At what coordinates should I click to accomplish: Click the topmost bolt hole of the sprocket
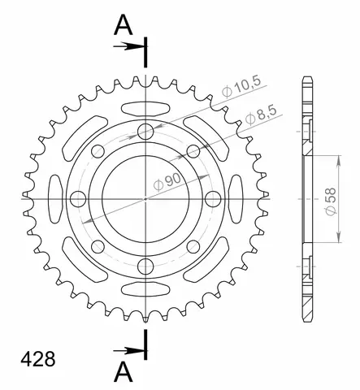[145, 132]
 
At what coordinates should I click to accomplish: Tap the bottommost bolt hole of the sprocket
[145, 265]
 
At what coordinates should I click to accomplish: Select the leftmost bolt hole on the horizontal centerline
[79, 198]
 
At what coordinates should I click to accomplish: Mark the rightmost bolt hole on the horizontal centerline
[212, 198]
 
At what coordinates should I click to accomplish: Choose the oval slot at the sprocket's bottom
[145, 293]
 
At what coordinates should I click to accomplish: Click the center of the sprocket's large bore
[145, 198]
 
